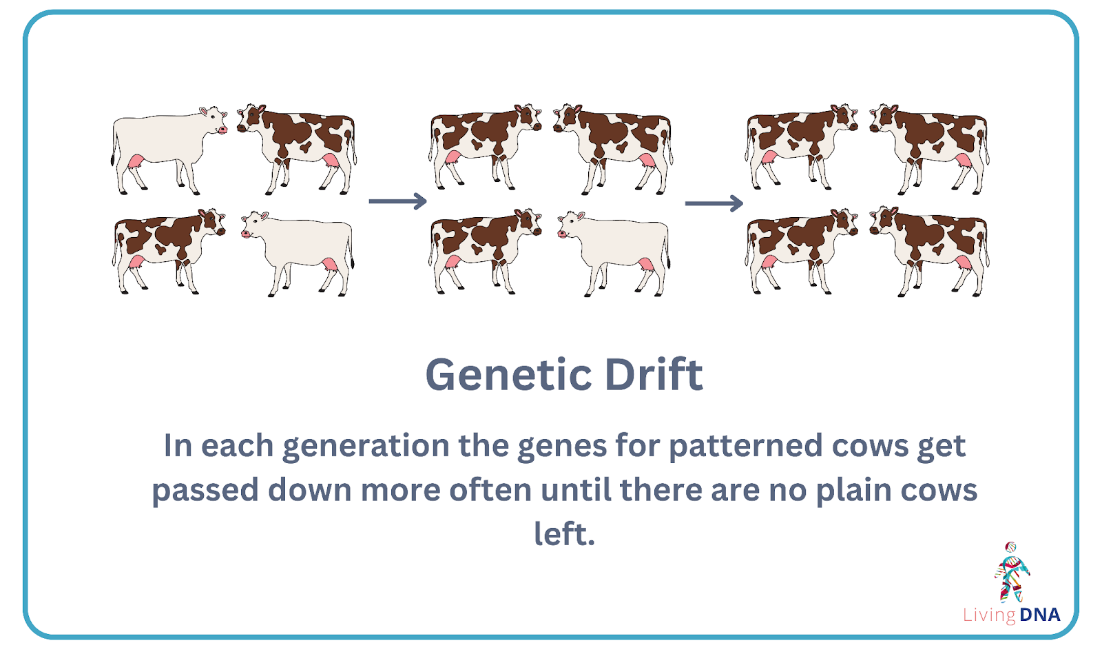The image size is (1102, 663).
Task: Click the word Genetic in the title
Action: (509, 374)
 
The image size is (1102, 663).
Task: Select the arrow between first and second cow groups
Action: (397, 201)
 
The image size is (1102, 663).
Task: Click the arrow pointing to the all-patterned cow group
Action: (714, 203)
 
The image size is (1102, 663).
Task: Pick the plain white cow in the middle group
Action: (614, 254)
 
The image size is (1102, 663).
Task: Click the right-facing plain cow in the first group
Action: (169, 150)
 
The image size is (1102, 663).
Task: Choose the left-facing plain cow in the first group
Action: (298, 254)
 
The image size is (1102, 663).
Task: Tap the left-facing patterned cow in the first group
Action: (297, 149)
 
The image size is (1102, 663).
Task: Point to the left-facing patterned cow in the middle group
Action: (613, 149)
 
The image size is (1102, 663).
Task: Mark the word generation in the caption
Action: (366, 447)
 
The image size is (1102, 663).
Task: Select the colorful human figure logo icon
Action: (1011, 572)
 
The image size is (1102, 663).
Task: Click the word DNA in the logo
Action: (1039, 615)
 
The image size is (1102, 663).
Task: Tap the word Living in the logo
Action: (989, 615)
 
